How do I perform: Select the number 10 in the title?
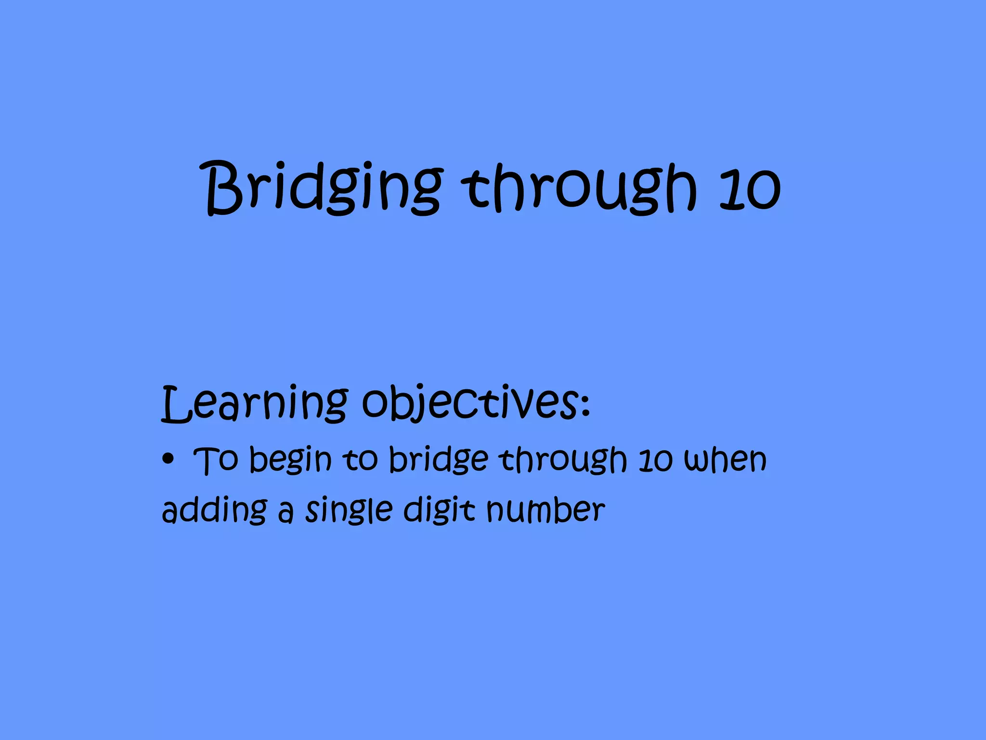(749, 189)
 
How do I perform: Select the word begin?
(290, 460)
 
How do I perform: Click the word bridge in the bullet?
(438, 460)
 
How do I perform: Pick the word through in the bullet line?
(563, 460)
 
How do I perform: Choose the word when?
(725, 460)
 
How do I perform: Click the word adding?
(214, 511)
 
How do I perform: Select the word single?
(349, 511)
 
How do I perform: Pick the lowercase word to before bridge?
(360, 459)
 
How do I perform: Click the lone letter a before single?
(285, 513)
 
